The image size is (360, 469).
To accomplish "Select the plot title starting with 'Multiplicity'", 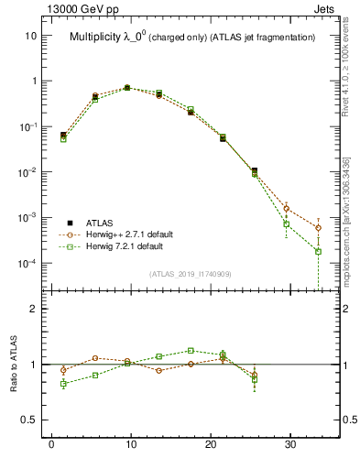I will (192, 38).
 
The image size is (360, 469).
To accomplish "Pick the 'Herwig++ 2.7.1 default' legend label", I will (130, 234).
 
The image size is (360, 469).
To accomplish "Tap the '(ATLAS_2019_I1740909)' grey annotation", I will (190, 274).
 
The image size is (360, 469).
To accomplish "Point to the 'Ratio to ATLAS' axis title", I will (14, 365).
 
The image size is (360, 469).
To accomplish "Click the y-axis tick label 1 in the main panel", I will (35, 81).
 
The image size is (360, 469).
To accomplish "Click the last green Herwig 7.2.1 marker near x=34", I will (318, 251).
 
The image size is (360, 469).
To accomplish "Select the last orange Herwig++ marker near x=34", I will (318, 228).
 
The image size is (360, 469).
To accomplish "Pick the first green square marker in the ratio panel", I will (63, 384).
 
